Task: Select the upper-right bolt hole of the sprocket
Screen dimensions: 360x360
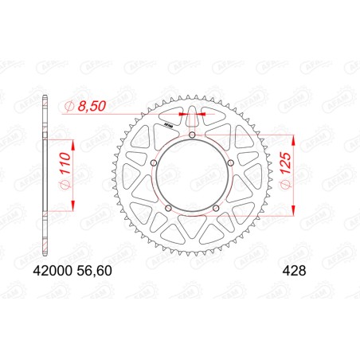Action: point(229,164)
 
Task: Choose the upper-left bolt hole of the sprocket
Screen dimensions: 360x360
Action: point(155,164)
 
